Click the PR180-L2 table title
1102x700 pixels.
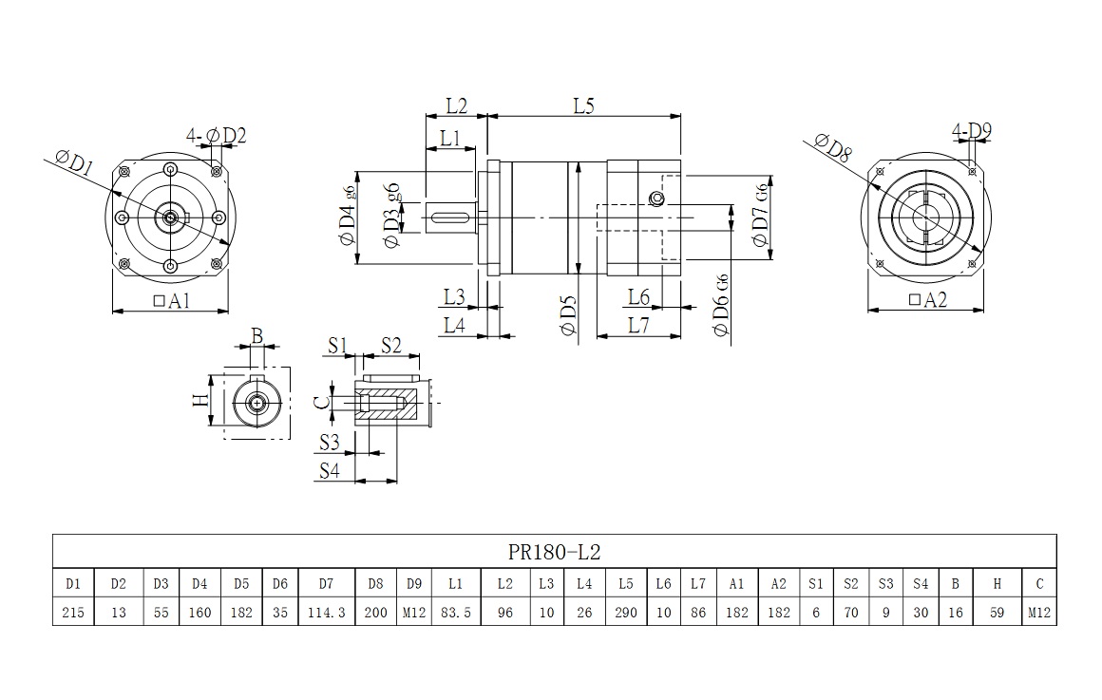pyautogui.click(x=554, y=552)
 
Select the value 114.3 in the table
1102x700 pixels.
pyautogui.click(x=326, y=613)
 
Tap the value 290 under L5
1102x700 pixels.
pyautogui.click(x=625, y=613)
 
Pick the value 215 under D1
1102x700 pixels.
pyautogui.click(x=73, y=613)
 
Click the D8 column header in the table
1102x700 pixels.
pyautogui.click(x=375, y=584)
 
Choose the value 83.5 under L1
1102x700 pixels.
pyautogui.click(x=456, y=613)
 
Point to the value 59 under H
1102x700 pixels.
pyautogui.click(x=996, y=613)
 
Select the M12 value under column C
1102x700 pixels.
pyautogui.click(x=1039, y=613)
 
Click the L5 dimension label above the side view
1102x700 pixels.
pyautogui.click(x=583, y=106)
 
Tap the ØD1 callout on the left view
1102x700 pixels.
pyautogui.click(x=74, y=163)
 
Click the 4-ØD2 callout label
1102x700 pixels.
pyautogui.click(x=217, y=136)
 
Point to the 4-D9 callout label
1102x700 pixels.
pyautogui.click(x=972, y=130)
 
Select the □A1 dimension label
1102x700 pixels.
pyautogui.click(x=172, y=301)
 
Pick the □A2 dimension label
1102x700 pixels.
pyautogui.click(x=928, y=300)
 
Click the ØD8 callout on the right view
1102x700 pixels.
pyautogui.click(x=833, y=146)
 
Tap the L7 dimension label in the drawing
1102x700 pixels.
pyautogui.click(x=638, y=325)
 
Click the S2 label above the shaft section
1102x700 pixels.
pyautogui.click(x=390, y=345)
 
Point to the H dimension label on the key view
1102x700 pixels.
pyautogui.click(x=199, y=400)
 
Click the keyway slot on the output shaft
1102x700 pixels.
pyautogui.click(x=451, y=218)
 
